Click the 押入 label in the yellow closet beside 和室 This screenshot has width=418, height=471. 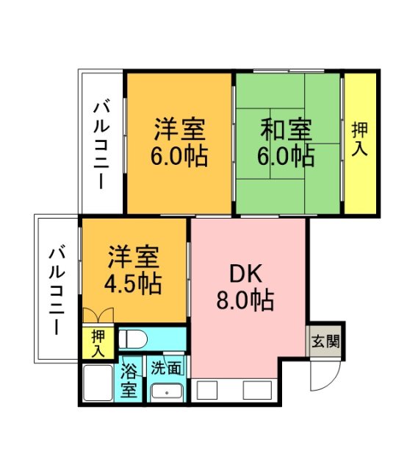361,139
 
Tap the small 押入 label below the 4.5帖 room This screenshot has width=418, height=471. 98,343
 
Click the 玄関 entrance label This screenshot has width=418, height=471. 324,341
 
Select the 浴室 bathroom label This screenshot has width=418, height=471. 130,378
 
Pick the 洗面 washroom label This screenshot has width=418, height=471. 165,367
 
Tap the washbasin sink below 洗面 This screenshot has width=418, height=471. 168,392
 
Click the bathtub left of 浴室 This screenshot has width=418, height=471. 98,382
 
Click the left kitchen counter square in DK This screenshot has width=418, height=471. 207,390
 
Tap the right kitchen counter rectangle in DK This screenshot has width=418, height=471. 257,390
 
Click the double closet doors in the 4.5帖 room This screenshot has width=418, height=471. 99,316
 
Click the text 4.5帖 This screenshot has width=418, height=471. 134,283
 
